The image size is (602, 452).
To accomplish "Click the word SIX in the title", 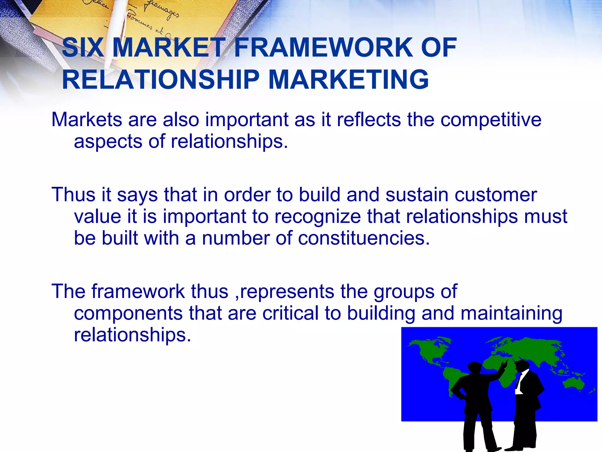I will point(83,48).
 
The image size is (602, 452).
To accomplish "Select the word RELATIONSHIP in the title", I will point(160,80).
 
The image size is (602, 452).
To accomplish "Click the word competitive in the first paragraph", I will point(491,120).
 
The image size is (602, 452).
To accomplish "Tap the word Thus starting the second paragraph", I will point(73,195).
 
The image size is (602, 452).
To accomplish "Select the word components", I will point(128,313).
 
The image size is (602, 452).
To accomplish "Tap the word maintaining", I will point(511,313).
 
